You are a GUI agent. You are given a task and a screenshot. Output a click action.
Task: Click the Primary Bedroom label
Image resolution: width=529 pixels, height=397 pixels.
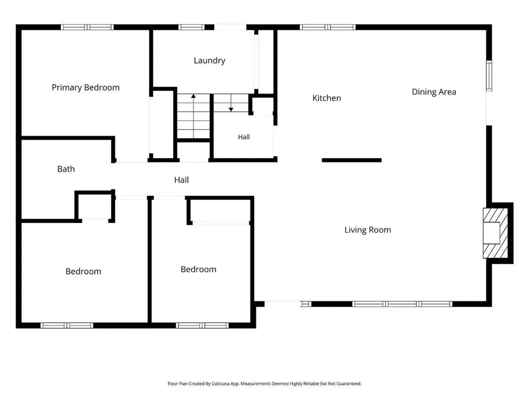(86, 88)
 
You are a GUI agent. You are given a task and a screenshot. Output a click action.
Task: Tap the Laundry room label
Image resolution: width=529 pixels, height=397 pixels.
(210, 61)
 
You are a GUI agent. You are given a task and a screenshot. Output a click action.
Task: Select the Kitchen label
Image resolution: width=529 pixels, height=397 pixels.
(326, 98)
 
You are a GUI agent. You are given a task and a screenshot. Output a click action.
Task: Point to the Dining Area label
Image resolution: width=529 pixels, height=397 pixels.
(434, 92)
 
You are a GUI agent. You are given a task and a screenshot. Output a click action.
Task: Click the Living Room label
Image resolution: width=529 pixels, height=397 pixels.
(368, 230)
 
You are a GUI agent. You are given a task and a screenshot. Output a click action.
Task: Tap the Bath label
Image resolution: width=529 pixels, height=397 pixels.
(66, 169)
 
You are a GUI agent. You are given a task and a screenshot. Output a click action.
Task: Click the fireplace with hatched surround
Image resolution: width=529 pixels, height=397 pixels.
(495, 233)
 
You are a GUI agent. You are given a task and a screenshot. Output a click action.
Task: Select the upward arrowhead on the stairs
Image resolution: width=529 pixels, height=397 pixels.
(193, 96)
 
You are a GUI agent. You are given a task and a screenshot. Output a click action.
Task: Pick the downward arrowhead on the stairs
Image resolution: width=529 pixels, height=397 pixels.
(231, 110)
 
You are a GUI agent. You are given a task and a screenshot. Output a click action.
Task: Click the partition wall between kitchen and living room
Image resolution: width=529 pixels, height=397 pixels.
(351, 160)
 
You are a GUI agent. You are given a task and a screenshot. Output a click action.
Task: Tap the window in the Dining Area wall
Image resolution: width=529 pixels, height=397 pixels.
(489, 76)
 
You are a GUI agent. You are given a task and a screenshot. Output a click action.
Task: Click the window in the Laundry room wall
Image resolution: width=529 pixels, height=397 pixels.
(191, 27)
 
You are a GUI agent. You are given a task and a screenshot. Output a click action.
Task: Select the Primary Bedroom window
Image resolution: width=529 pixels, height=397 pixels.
(87, 27)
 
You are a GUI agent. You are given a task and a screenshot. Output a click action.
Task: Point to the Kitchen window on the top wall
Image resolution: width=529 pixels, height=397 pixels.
(328, 27)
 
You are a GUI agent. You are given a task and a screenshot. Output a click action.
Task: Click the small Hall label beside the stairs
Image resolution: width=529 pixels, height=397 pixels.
(244, 137)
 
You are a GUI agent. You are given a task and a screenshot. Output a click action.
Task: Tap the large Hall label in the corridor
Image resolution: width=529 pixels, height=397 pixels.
(181, 180)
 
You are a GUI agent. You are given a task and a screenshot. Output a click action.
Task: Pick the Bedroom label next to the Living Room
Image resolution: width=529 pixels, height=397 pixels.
(198, 269)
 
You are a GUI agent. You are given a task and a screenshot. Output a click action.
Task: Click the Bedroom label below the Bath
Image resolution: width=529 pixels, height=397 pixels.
(83, 272)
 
